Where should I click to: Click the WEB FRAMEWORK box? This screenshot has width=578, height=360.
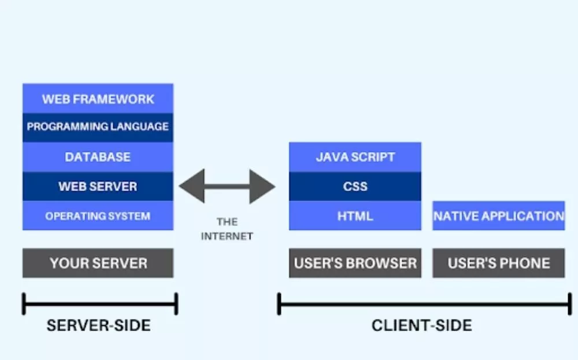[98, 99]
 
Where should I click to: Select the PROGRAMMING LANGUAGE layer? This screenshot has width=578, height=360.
[98, 127]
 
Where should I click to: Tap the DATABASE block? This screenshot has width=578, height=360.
[98, 157]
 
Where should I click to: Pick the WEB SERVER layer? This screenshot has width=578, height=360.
[98, 187]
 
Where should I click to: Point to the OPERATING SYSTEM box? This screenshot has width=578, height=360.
[98, 216]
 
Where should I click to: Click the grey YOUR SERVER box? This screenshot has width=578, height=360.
[98, 263]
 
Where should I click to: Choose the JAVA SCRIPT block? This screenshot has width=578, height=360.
[355, 157]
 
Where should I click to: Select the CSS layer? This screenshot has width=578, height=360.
[355, 187]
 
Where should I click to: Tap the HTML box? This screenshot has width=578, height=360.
[355, 216]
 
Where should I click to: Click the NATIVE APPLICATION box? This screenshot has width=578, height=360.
[498, 216]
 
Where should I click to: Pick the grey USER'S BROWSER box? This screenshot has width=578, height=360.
[355, 263]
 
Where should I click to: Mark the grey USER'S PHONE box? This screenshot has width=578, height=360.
[498, 263]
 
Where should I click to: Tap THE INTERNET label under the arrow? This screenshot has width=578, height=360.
[227, 229]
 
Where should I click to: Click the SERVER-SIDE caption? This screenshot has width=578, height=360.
[98, 325]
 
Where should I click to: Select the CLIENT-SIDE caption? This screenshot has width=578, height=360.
[421, 325]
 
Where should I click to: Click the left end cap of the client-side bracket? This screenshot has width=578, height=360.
[279, 304]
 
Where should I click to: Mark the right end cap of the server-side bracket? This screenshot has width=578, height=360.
[176, 304]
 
